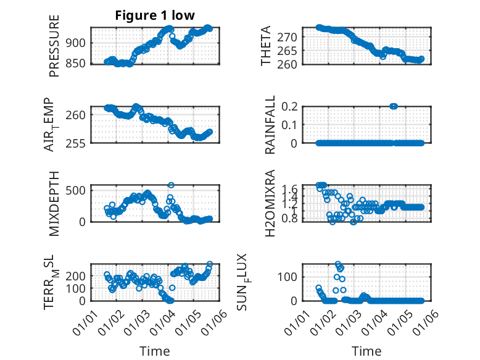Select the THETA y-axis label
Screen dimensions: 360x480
[x=266, y=46]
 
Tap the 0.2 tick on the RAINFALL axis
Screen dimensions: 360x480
[x=289, y=106]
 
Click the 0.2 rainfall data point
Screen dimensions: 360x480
[x=394, y=106]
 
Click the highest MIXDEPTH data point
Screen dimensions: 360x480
[x=171, y=185]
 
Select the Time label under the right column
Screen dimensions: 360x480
[x=366, y=351]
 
